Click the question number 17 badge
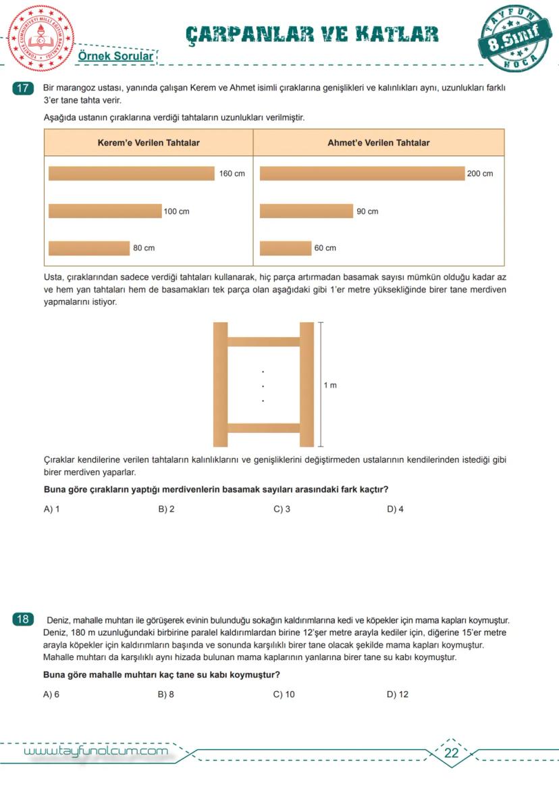[x=23, y=88]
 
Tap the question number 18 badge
[x=23, y=619]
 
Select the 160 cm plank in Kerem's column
[x=131, y=174]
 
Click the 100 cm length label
[x=176, y=211]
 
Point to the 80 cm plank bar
[x=89, y=248]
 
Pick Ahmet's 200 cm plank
[x=362, y=174]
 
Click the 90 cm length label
[x=367, y=211]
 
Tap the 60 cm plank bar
[x=285, y=248]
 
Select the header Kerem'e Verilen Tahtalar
[x=149, y=143]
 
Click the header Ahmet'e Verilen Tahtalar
[x=378, y=143]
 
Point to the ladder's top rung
[x=263, y=341]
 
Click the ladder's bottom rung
[x=263, y=428]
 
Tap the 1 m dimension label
[x=329, y=385]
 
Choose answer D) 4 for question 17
[x=395, y=509]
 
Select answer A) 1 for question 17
[x=51, y=509]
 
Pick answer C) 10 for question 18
[x=284, y=694]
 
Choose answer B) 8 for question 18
[x=166, y=694]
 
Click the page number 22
[x=452, y=753]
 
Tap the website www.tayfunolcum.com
[x=96, y=751]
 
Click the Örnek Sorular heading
[x=116, y=56]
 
